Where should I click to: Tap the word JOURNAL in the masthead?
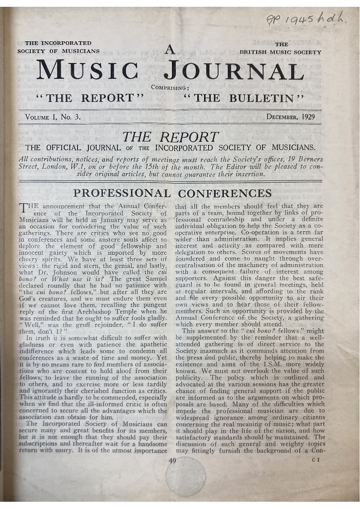[x=233, y=71]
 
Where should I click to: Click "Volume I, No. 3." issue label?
[x=53, y=117]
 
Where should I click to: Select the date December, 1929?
[x=291, y=117]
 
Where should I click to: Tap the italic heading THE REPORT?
[x=171, y=137]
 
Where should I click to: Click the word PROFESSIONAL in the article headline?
[x=122, y=194]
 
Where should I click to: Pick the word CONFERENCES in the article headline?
[x=225, y=194]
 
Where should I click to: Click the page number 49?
[x=174, y=461]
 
